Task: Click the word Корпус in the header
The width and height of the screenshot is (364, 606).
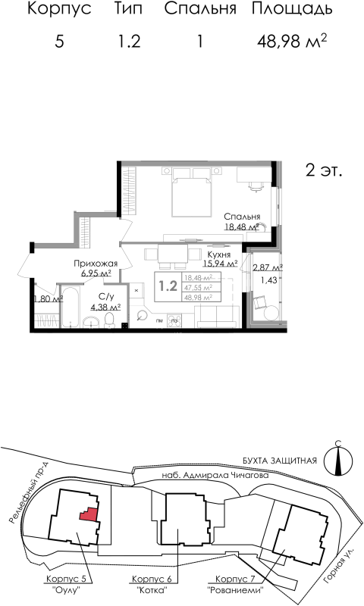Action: [59, 10]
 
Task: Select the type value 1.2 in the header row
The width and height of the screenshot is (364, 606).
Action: [130, 42]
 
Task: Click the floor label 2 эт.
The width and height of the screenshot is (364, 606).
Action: [325, 170]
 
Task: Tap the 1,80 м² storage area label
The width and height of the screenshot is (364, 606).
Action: [47, 298]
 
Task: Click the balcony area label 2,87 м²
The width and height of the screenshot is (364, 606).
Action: [267, 267]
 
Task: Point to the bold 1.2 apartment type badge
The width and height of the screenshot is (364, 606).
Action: [168, 286]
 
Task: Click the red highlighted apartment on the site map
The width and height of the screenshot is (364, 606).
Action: [89, 514]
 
